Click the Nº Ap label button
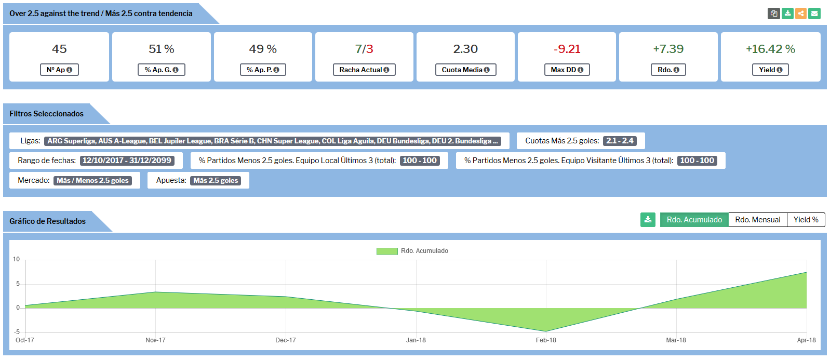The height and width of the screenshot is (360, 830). tap(59, 70)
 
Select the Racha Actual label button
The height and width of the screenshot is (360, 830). tap(364, 70)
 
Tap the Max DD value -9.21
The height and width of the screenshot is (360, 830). tap(567, 49)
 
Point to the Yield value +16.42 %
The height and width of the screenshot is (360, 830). tap(770, 49)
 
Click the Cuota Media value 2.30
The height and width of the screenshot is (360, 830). tap(465, 49)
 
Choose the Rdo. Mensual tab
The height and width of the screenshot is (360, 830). tap(757, 220)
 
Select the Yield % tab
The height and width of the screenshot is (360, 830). tap(806, 220)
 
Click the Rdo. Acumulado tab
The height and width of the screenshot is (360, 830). tap(694, 220)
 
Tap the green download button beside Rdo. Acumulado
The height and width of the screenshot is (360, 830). tap(648, 220)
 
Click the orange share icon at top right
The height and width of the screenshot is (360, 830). tap(801, 14)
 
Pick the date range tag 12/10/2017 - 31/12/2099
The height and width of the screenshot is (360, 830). tap(127, 161)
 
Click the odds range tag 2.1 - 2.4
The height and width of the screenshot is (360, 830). tap(620, 141)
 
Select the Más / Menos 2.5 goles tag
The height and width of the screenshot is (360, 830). tap(92, 180)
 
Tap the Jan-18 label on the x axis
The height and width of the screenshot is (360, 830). tap(416, 340)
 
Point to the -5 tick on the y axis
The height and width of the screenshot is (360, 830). tap(17, 331)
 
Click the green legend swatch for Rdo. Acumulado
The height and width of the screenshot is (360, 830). tap(387, 251)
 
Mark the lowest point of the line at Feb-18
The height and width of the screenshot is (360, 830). tap(546, 331)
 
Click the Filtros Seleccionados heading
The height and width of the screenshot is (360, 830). tap(46, 114)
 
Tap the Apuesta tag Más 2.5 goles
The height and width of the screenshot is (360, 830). tap(216, 180)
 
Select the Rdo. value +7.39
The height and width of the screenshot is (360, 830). tap(668, 49)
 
